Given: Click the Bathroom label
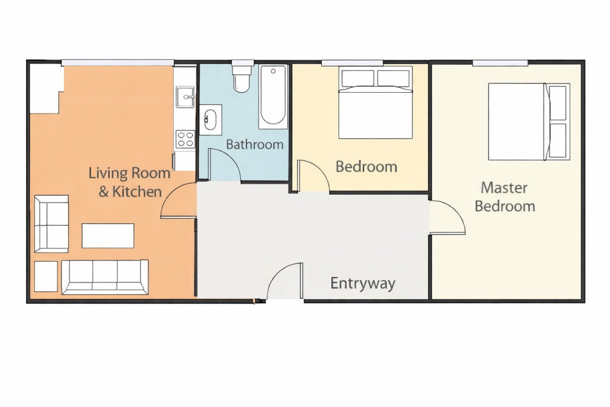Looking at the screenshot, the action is [x=255, y=145].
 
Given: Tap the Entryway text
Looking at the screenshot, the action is [x=362, y=283].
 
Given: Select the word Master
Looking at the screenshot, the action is [x=504, y=187].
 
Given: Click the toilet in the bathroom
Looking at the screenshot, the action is [x=242, y=77].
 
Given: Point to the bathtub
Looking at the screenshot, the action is [x=273, y=96].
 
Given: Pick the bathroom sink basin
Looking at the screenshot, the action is [x=210, y=120].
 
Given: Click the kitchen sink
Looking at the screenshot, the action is [x=185, y=96].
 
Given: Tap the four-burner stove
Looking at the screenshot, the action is [x=185, y=139].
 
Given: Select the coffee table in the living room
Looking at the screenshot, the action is [x=108, y=236].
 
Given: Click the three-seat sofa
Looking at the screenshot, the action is [x=105, y=276].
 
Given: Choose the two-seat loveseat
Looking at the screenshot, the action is [x=51, y=224].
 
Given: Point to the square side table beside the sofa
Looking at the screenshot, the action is [x=46, y=276].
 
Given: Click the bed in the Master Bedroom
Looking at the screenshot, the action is [x=529, y=121].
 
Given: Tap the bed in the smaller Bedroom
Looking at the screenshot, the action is [x=375, y=103].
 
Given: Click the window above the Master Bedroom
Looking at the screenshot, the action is [x=500, y=63].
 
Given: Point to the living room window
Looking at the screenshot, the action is [x=118, y=63].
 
